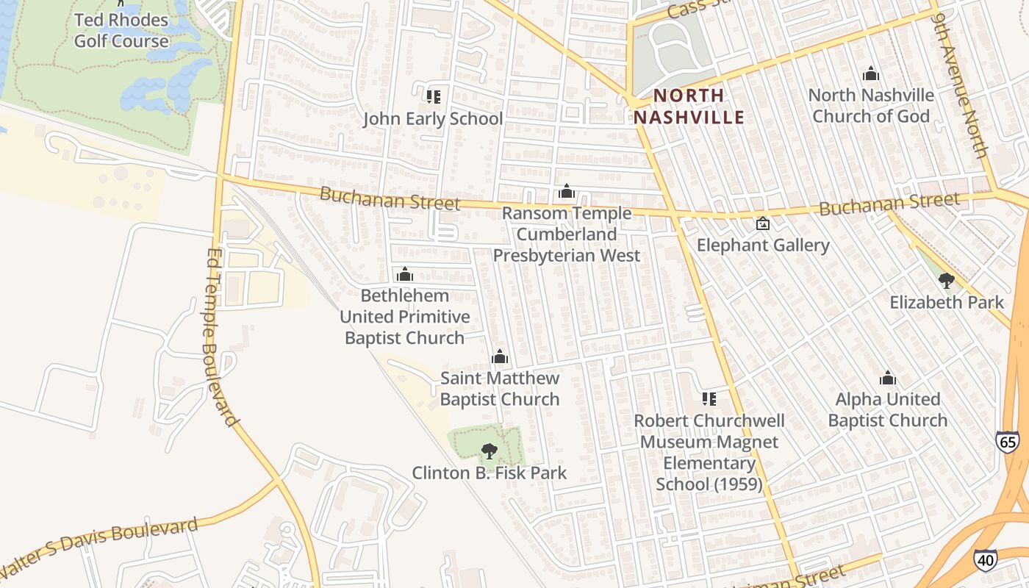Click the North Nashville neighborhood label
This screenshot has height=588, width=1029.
pos(689,107)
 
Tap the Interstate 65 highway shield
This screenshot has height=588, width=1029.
pos(1008,442)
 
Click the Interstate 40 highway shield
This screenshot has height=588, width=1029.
pos(985,559)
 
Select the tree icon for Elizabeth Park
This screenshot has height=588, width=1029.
pos(947,280)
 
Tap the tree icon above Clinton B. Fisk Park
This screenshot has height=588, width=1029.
pos(489,451)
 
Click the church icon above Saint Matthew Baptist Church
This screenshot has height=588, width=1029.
pos(500,357)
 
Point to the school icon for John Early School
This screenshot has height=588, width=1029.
pos(433,96)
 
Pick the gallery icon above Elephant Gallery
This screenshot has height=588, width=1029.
pos(763,223)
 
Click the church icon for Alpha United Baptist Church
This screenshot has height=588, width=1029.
pos(888,379)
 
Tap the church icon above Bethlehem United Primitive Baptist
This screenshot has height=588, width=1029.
pos(404,275)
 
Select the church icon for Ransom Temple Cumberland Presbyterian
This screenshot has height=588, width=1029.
pos(567,192)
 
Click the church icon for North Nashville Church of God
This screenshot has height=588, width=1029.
pos(871,73)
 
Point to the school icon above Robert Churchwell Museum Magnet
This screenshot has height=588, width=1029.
pos(709,399)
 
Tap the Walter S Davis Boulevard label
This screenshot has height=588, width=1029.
pos(99,547)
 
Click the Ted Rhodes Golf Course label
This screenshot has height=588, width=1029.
pos(121,30)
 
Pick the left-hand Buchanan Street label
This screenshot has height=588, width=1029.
pos(390,198)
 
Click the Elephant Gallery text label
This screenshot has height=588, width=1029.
pos(763,245)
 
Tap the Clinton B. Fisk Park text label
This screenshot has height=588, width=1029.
pos(489,473)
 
